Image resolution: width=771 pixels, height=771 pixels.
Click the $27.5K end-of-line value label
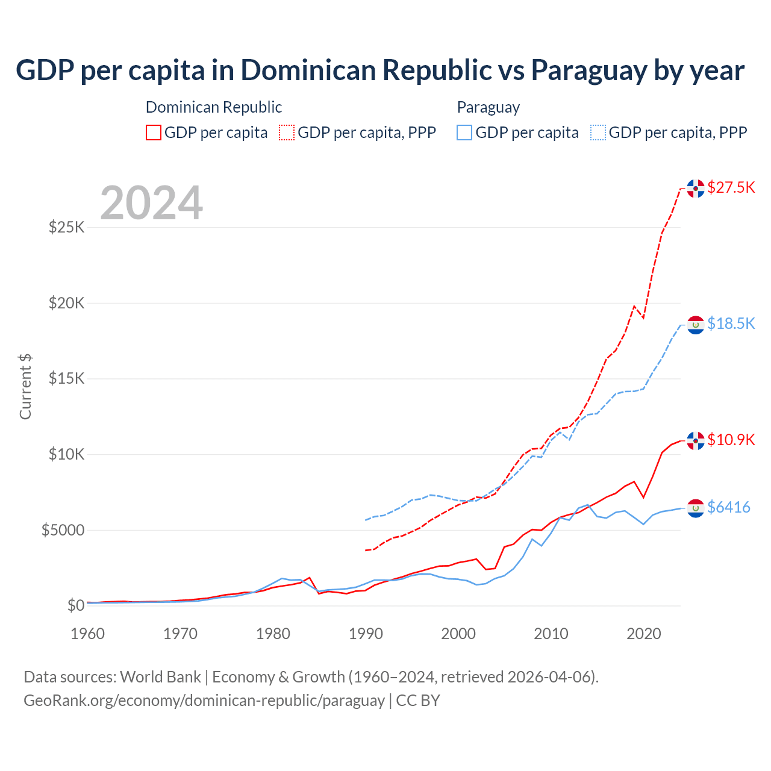(x=731, y=187)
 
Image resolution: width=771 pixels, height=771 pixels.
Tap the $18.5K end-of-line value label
(x=731, y=323)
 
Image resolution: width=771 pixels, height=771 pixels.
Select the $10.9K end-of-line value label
(x=731, y=440)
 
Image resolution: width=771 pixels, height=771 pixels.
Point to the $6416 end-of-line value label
(x=728, y=507)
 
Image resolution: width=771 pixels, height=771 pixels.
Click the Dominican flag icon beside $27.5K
(x=696, y=189)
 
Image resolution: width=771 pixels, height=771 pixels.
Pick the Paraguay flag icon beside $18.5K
(x=696, y=325)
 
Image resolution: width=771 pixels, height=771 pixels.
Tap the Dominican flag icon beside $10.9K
(x=696, y=441)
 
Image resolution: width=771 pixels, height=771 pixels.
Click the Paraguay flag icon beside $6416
(x=696, y=508)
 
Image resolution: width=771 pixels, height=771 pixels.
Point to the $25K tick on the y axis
(x=66, y=228)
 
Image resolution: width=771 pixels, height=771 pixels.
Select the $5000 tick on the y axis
(x=63, y=530)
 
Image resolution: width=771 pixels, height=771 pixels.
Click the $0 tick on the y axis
(x=75, y=605)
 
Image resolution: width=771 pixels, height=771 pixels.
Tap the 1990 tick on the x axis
(x=366, y=634)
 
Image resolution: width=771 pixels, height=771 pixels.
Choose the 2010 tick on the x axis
(x=551, y=634)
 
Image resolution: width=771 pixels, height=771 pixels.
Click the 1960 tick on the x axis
(x=88, y=634)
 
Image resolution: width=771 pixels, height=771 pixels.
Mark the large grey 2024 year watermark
(x=151, y=203)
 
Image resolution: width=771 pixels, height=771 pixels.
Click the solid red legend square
(x=154, y=133)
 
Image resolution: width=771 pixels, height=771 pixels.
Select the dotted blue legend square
(x=598, y=133)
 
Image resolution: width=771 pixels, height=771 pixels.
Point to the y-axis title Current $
(x=25, y=386)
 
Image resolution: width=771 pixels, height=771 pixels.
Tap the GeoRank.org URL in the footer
(x=204, y=701)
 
